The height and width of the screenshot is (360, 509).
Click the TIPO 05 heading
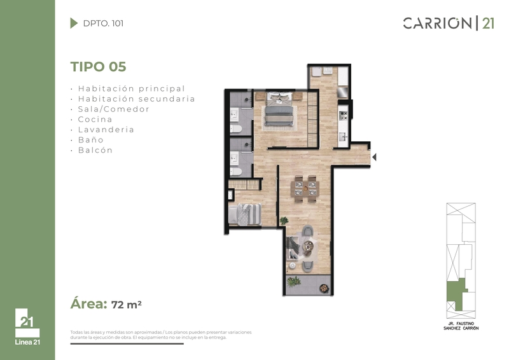(98, 67)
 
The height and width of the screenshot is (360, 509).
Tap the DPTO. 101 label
(103, 24)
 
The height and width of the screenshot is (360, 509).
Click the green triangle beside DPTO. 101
(74, 23)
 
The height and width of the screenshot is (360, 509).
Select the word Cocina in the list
(95, 120)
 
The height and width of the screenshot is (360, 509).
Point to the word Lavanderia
(106, 130)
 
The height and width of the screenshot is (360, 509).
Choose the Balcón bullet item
(95, 150)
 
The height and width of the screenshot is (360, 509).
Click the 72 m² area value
(126, 305)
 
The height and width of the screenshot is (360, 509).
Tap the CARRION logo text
(437, 24)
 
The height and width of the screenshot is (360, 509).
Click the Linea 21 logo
(27, 326)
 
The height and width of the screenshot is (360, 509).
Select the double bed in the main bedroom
(281, 109)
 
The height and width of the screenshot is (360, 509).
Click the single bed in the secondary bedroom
(245, 214)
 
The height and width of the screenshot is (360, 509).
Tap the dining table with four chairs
(305, 189)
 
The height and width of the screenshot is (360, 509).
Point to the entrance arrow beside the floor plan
(374, 157)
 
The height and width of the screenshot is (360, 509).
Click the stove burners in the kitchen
(343, 115)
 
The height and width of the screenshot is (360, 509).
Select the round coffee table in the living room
(307, 247)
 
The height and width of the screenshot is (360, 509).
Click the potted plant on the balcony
(293, 281)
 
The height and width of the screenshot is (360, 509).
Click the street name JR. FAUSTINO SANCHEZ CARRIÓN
(461, 326)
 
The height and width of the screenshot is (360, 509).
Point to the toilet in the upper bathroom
(236, 129)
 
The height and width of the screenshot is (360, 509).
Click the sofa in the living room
(292, 248)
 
